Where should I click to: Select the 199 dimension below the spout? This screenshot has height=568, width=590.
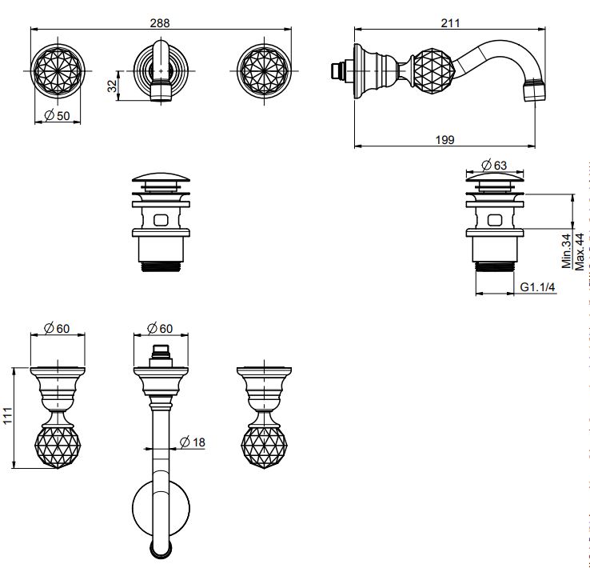click(x=445, y=139)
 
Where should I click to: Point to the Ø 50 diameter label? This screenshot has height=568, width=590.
click(x=58, y=116)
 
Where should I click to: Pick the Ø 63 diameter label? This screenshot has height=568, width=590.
click(x=494, y=166)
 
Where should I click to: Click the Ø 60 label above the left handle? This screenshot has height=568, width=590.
click(x=58, y=327)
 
